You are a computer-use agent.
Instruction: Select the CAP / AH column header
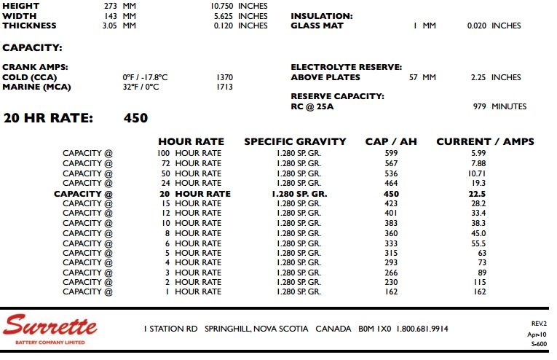coord(390,141)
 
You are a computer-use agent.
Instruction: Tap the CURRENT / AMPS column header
coord(485,141)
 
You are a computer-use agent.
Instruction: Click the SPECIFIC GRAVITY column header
coord(298,141)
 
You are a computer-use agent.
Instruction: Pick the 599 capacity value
coord(391,153)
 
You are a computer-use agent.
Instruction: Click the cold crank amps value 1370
coord(224,77)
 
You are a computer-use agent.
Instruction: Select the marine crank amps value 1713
coord(224,87)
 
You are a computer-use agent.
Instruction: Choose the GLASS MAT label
coord(317,26)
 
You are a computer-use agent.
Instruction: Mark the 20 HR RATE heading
coord(48,118)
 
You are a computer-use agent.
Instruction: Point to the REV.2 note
coord(539,323)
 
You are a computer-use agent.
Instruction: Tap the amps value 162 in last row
coord(478,291)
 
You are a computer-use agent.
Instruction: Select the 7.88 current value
coord(478,163)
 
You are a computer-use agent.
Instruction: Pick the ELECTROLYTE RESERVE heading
coord(346,67)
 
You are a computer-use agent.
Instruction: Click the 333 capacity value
coord(391,243)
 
